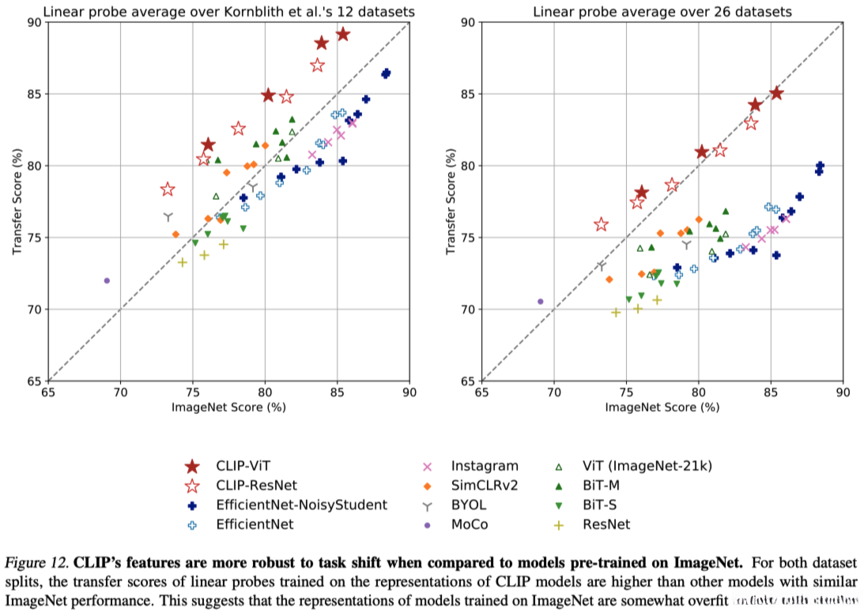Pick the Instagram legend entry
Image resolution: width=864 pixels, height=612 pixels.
483,466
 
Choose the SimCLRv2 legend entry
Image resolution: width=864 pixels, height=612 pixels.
485,485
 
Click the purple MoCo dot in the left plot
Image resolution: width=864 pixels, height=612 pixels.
107,280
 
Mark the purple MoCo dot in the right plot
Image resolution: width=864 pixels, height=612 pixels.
541,301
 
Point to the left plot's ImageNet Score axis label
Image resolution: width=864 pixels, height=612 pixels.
228,407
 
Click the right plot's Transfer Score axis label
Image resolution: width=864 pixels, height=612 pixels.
451,201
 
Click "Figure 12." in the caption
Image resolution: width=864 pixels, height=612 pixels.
40,563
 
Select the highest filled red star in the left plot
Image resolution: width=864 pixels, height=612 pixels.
342,34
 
